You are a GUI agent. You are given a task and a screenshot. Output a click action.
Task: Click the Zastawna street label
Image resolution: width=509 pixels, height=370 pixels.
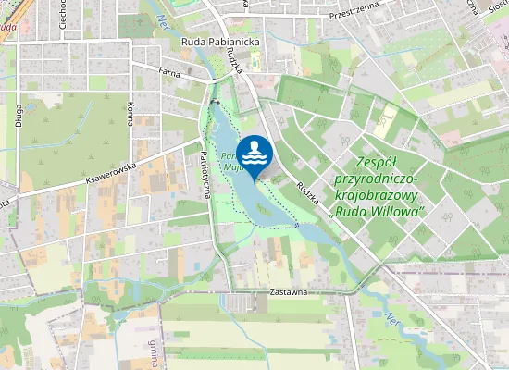coord(288,291)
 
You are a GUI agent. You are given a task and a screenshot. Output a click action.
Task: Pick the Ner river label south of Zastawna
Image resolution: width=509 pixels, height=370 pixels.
coord(391,319)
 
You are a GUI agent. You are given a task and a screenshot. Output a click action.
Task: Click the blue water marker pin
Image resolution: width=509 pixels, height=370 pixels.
coord(254,151)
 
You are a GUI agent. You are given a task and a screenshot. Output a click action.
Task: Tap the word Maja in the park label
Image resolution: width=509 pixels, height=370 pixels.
coord(235,168)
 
